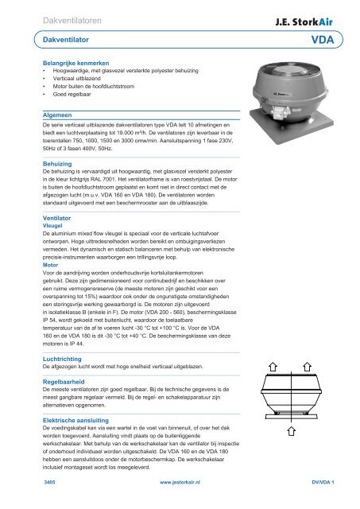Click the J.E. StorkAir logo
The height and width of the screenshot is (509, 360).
pyautogui.click(x=304, y=21)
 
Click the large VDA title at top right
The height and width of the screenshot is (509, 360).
pyautogui.click(x=323, y=40)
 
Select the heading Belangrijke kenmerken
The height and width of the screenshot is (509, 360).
pyautogui.click(x=75, y=63)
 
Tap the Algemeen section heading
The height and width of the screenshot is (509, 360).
pyautogui.click(x=57, y=115)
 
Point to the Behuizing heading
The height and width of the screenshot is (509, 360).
pyautogui.click(x=57, y=164)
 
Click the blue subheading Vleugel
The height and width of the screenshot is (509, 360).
pyautogui.click(x=52, y=226)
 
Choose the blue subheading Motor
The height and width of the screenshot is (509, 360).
pyautogui.click(x=50, y=265)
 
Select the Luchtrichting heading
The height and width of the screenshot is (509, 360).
pyautogui.click(x=62, y=359)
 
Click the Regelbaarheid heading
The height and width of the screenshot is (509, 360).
pyautogui.click(x=64, y=382)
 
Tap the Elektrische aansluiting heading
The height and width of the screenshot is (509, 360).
pyautogui.click(x=75, y=421)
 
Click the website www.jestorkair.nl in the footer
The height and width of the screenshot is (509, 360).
pyautogui.click(x=180, y=483)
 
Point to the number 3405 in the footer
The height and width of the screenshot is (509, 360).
pyautogui.click(x=49, y=483)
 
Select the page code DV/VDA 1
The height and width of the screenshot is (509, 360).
pyautogui.click(x=323, y=483)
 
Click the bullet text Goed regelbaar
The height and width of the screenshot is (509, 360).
pyautogui.click(x=72, y=94)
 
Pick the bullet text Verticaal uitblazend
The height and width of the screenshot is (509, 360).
pyautogui.click(x=76, y=79)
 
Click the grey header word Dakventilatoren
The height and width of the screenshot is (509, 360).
pyautogui.click(x=72, y=21)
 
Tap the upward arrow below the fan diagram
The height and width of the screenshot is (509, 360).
pyautogui.click(x=291, y=431)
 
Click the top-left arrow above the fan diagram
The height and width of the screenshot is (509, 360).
pyautogui.click(x=273, y=367)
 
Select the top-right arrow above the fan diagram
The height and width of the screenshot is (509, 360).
pyautogui.click(x=307, y=367)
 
